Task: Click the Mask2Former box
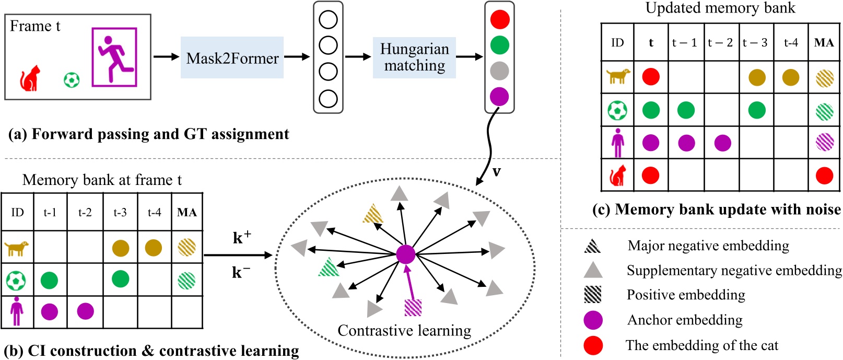[232, 57]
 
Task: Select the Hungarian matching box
[414, 57]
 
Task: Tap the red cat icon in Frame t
[30, 79]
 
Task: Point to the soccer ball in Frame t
[72, 80]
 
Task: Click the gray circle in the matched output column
[499, 71]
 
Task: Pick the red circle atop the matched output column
[499, 20]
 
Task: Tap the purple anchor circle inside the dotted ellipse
[405, 254]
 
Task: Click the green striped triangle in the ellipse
[329, 267]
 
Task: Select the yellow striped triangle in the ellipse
[373, 214]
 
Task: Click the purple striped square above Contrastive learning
[413, 307]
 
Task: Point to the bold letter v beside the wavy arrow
[496, 171]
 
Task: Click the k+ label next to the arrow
[241, 238]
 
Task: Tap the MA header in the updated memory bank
[824, 43]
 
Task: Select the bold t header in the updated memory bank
[651, 43]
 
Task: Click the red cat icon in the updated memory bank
[617, 176]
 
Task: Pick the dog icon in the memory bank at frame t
[17, 248]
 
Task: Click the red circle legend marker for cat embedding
[593, 345]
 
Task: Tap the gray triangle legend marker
[593, 270]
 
